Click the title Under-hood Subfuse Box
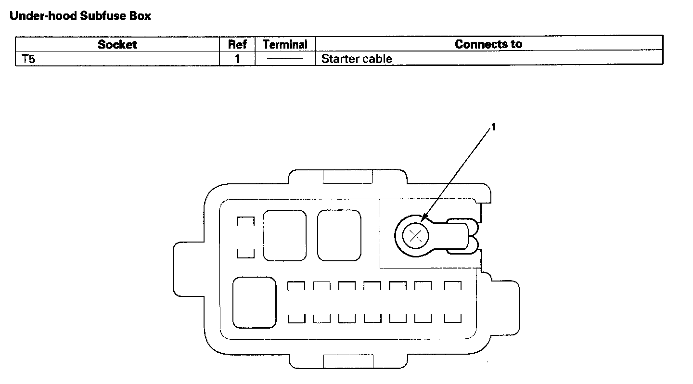(80, 16)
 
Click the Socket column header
(117, 45)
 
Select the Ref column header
(237, 45)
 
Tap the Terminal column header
(285, 45)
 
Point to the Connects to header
(488, 44)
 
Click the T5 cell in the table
(29, 59)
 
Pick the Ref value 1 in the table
(237, 59)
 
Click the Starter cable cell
(357, 59)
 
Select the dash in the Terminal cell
(285, 59)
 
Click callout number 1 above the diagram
(493, 127)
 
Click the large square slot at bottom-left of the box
(254, 303)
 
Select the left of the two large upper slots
(284, 235)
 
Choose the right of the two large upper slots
(339, 235)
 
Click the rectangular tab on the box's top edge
(347, 177)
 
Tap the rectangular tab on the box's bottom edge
(347, 361)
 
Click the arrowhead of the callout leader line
(423, 219)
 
